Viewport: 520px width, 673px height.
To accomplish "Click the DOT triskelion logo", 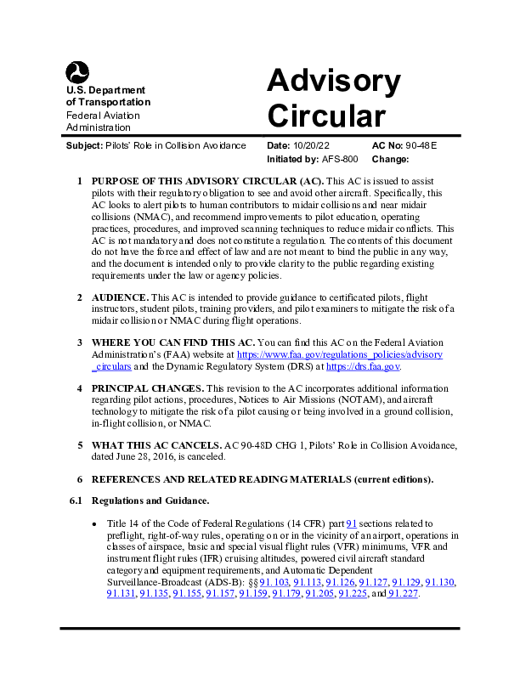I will [77, 73].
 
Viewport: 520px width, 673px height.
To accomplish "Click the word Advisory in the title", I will [333, 82].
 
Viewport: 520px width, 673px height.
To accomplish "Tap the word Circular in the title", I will [325, 115].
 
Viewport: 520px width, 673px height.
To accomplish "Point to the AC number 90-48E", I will [422, 146].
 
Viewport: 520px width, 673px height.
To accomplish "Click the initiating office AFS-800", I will [340, 159].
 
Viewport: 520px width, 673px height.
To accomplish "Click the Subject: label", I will [84, 146].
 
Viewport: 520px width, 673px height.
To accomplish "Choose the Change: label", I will [391, 159].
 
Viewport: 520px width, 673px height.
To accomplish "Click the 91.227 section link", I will [402, 593].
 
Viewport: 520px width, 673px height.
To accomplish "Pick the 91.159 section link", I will [253, 593].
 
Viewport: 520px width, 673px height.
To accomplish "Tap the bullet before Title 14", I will [95, 524].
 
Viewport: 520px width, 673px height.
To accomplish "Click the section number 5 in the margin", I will [80, 444].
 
